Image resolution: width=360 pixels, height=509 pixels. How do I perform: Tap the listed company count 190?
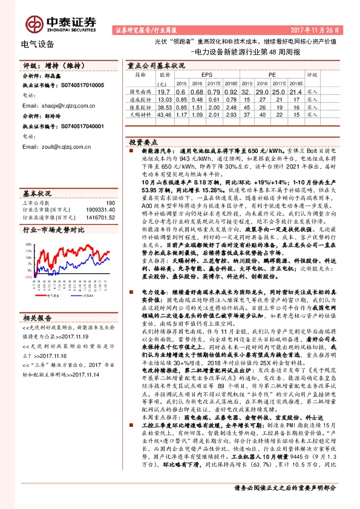[x=110, y=204]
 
